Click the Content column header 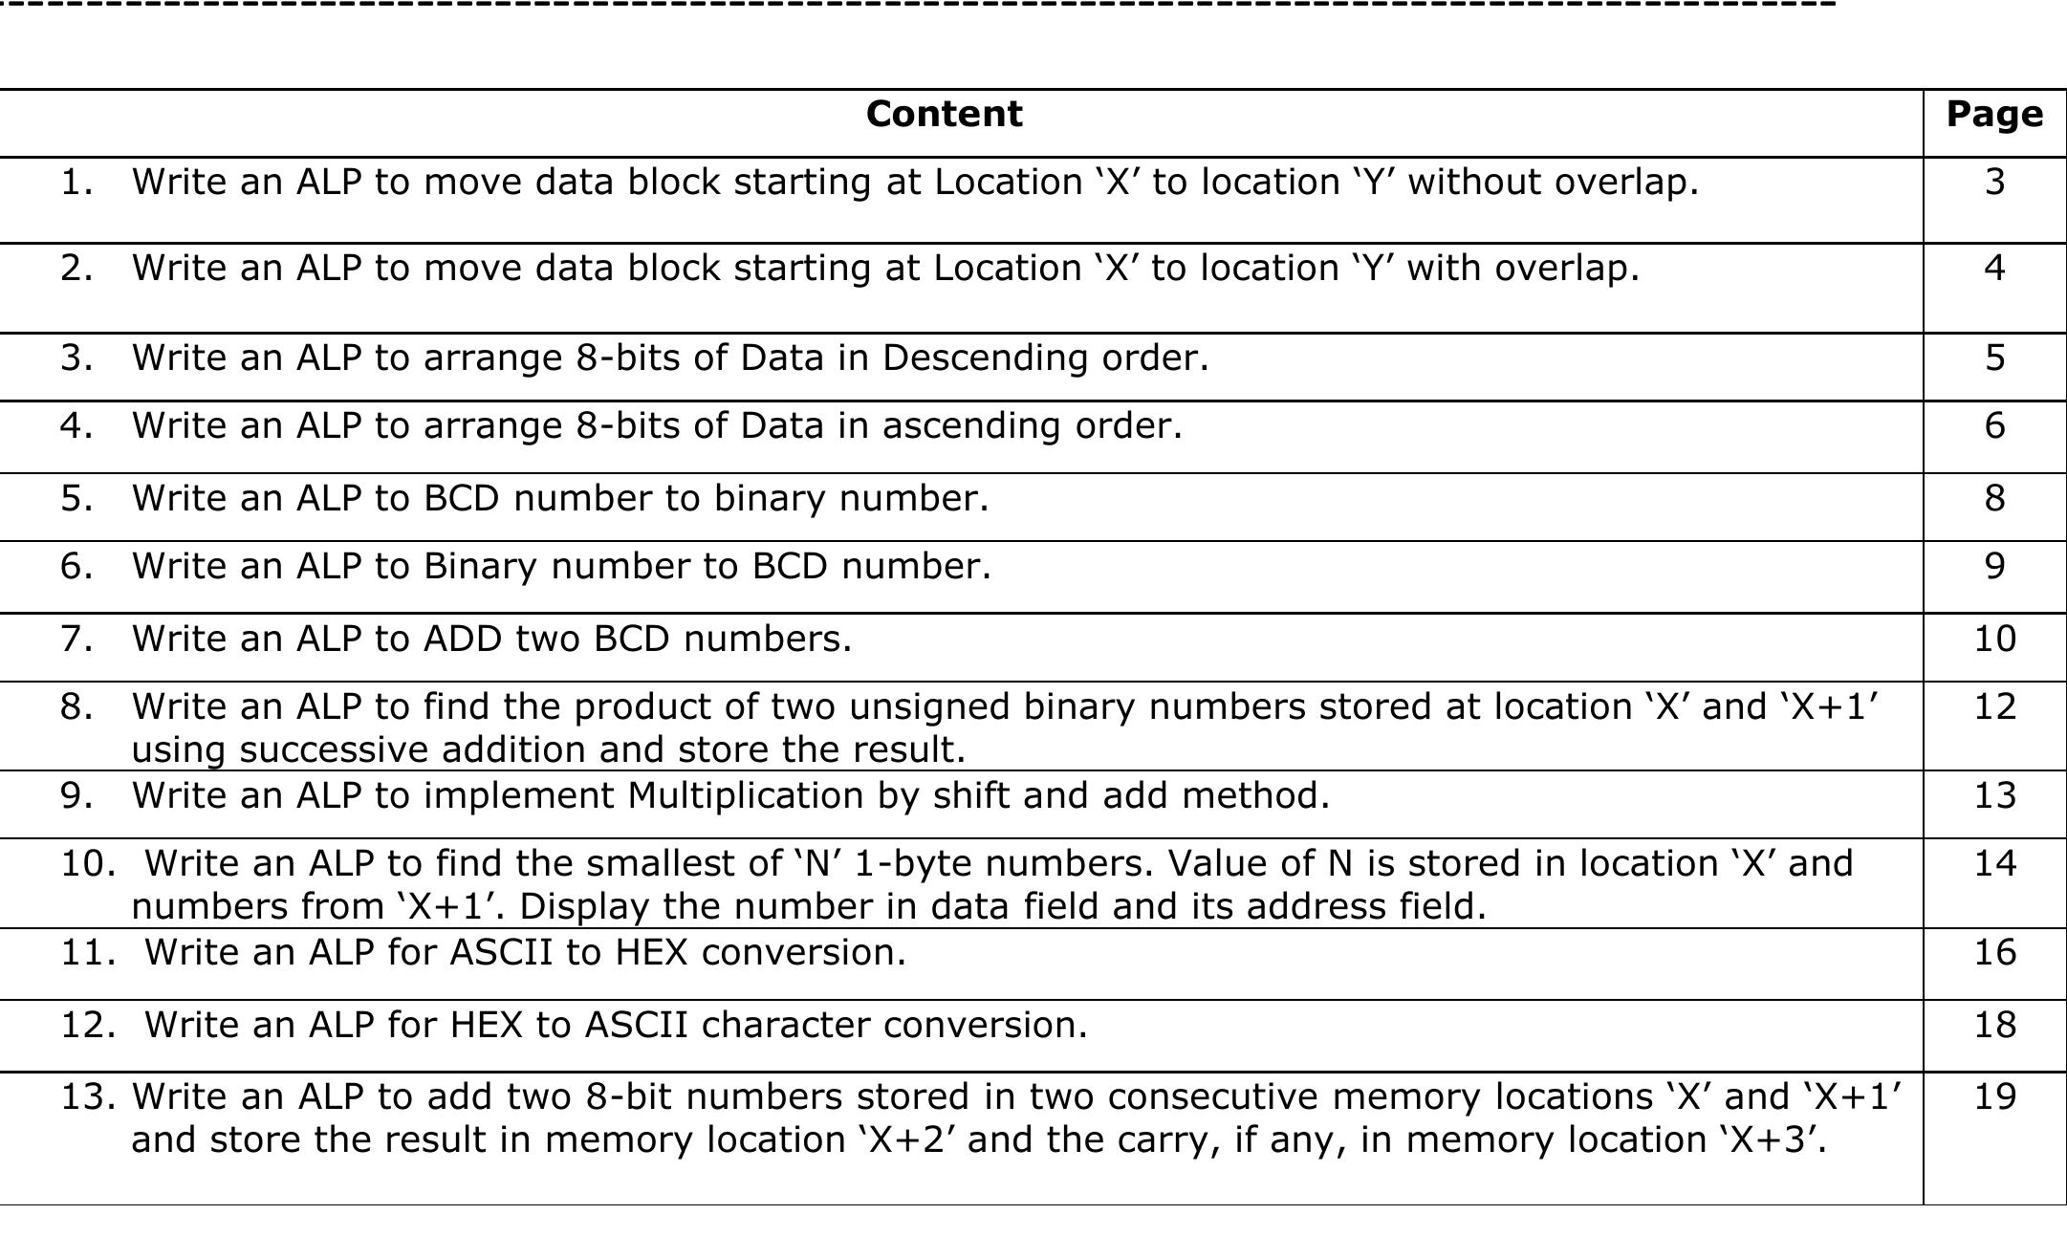[944, 115]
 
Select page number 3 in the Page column [1994, 182]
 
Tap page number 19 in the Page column [1994, 1096]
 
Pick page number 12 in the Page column [1994, 706]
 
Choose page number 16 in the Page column [1994, 952]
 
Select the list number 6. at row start [77, 566]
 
